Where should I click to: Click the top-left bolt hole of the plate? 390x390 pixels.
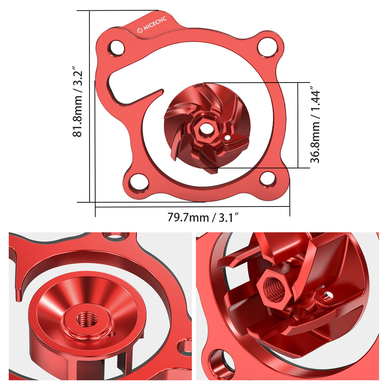[x=116, y=48]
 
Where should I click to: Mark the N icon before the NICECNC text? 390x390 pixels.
[x=140, y=31]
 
